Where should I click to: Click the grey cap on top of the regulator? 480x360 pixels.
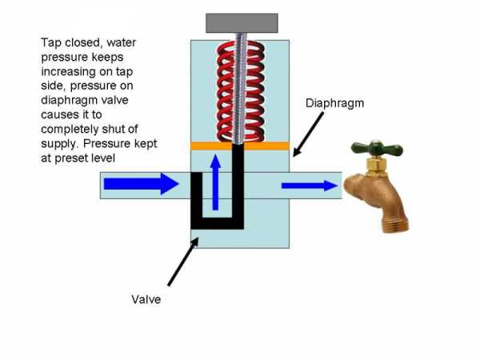[242, 22]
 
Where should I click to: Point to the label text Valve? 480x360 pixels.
[146, 300]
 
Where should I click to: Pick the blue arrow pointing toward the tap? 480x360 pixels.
[309, 186]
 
